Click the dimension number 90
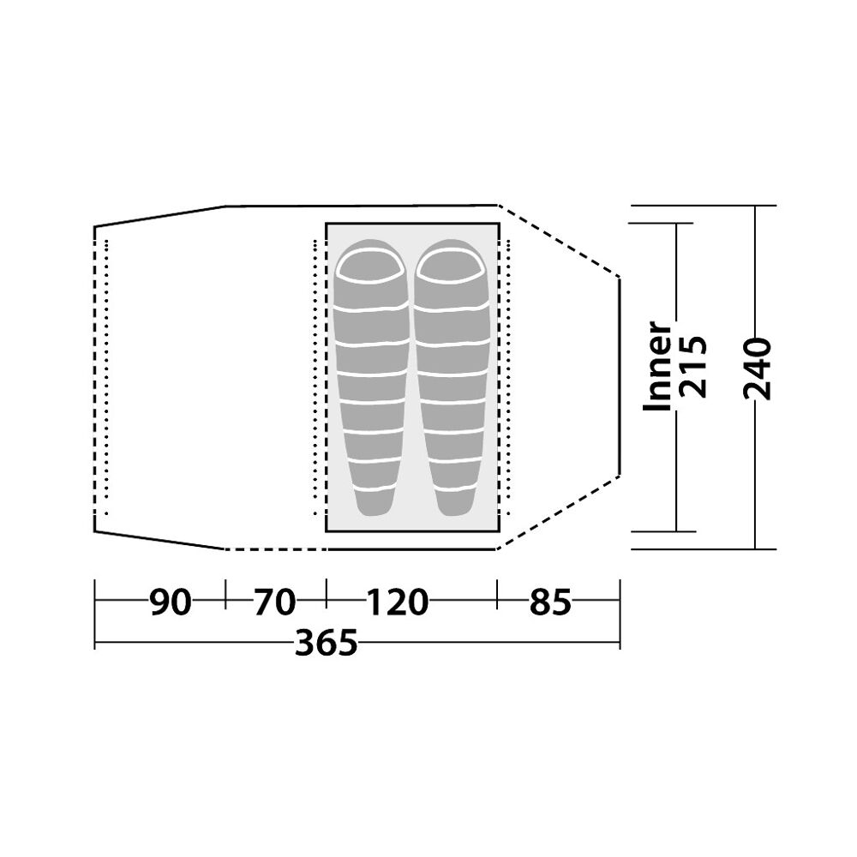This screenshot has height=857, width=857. [171, 602]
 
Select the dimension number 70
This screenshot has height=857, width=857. [274, 602]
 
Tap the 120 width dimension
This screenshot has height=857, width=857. [397, 602]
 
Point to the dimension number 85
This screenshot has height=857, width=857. [550, 602]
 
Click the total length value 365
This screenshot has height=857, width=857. [327, 643]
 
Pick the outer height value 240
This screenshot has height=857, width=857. [757, 369]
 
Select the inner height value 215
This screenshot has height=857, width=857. [692, 366]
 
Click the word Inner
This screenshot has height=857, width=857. [657, 366]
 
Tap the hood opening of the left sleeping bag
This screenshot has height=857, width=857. [370, 266]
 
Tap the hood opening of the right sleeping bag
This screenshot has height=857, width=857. [451, 266]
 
